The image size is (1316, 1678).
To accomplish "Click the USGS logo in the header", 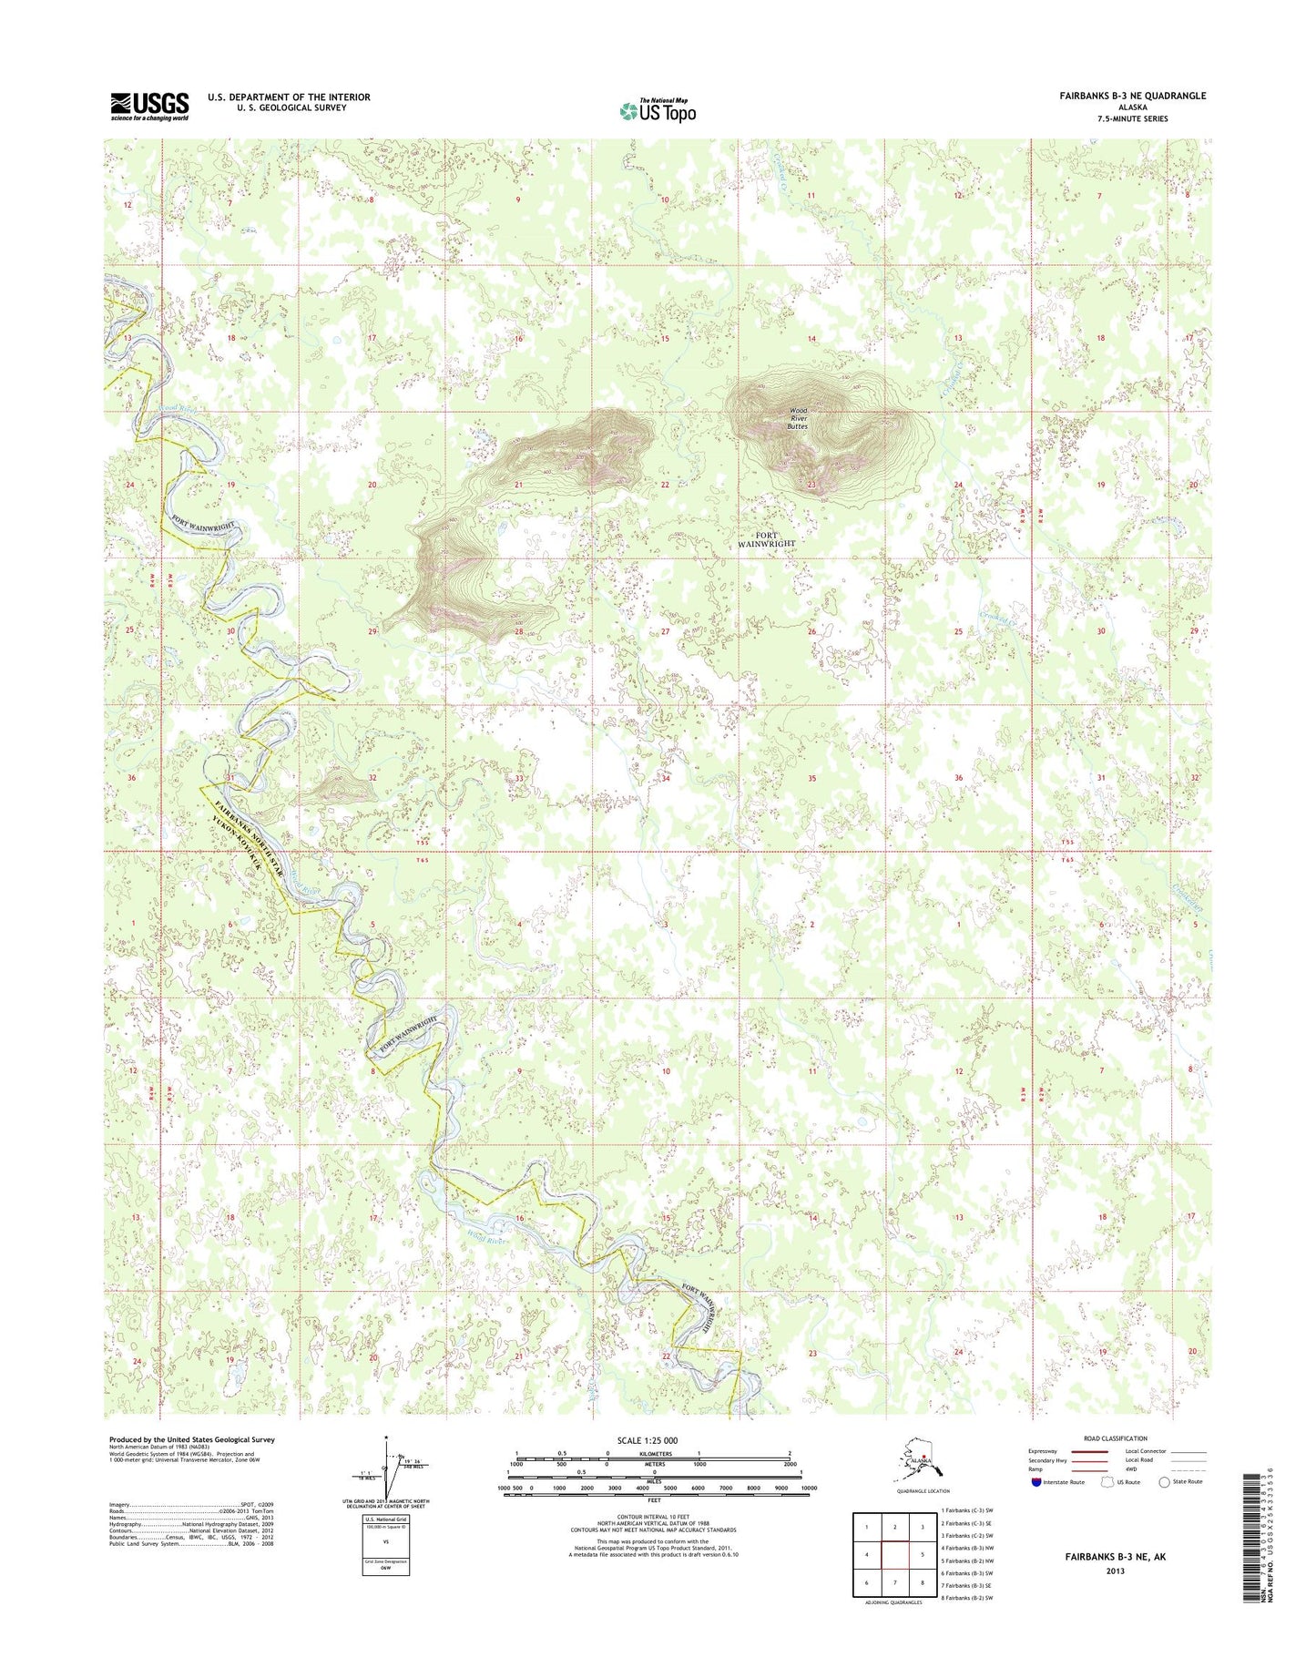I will (149, 106).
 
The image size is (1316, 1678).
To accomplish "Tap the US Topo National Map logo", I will (658, 110).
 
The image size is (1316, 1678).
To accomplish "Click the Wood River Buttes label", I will (798, 418).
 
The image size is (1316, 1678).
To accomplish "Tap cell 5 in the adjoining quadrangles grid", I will (923, 1555).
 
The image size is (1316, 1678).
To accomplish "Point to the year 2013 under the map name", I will (1115, 1571).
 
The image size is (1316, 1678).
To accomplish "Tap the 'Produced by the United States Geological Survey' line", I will (191, 1439).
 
